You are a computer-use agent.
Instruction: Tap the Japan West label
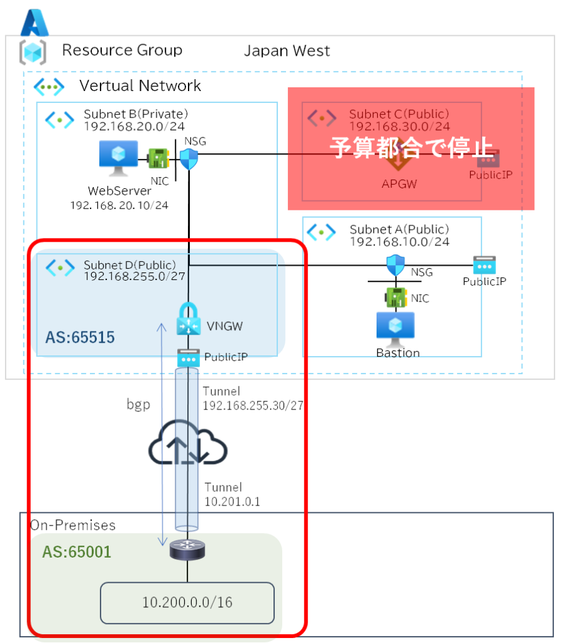pyautogui.click(x=287, y=51)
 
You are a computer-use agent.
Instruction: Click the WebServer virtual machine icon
pyautogui.click(x=119, y=156)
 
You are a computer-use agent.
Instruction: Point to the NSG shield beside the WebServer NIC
pyautogui.click(x=189, y=159)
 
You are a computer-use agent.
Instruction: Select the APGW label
pyautogui.click(x=400, y=184)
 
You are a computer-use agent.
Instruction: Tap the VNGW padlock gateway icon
pyautogui.click(x=188, y=318)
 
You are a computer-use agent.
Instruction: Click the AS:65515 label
pyautogui.click(x=80, y=337)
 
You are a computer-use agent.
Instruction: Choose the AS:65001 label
pyautogui.click(x=76, y=552)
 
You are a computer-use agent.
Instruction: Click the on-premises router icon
pyautogui.click(x=187, y=551)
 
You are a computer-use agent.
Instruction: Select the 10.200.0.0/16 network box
pyautogui.click(x=187, y=602)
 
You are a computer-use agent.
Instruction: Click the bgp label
pyautogui.click(x=138, y=404)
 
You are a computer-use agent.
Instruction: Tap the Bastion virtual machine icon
pyautogui.click(x=394, y=328)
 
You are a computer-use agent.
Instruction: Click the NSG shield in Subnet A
pyautogui.click(x=395, y=264)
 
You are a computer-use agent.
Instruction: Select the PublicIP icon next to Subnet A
pyautogui.click(x=485, y=264)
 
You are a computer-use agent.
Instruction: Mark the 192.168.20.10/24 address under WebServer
pyautogui.click(x=119, y=205)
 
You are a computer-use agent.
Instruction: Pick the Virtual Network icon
pyautogui.click(x=48, y=86)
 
